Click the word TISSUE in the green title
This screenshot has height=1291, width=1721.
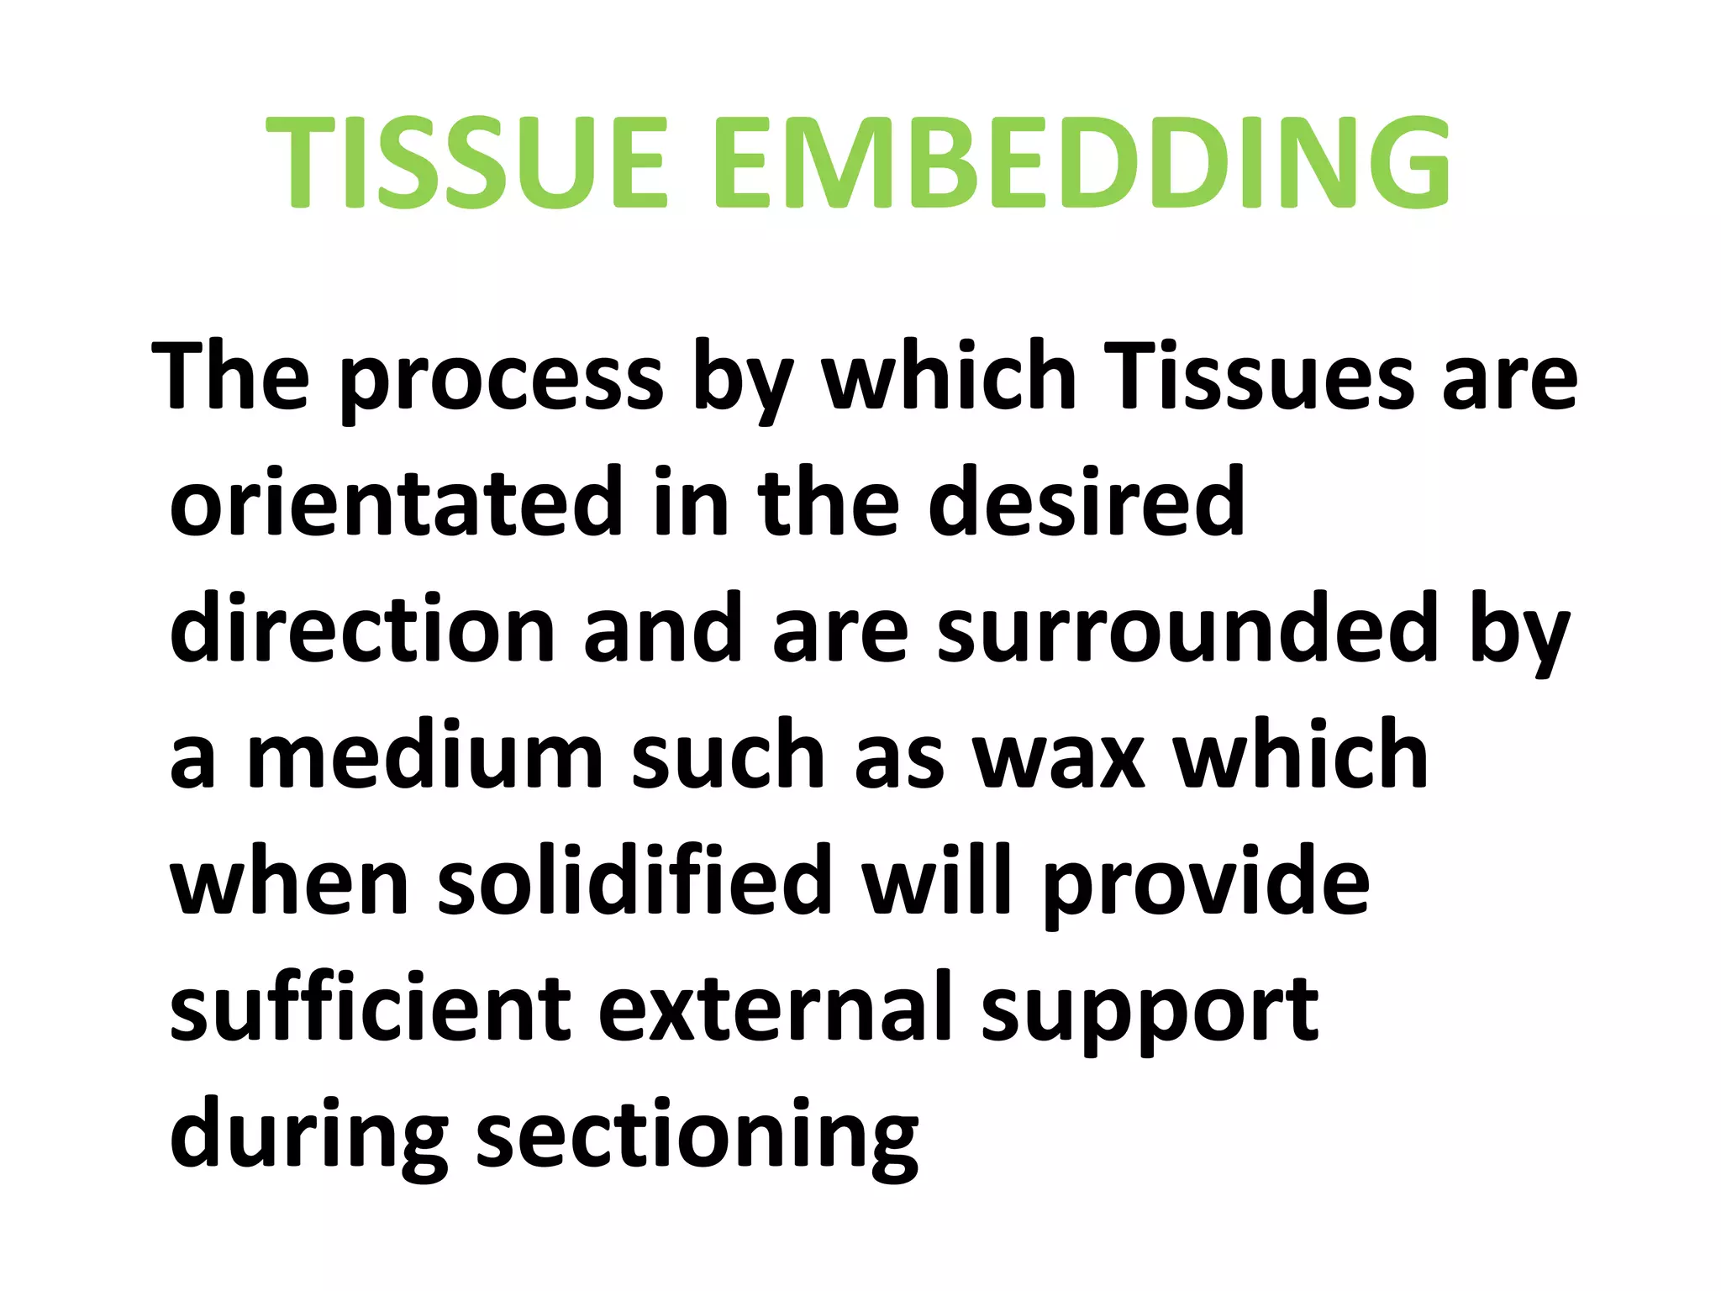coord(467,161)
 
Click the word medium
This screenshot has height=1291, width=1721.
coord(425,755)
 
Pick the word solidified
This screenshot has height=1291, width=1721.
coord(634,881)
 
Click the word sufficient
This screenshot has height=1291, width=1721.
coord(371,1007)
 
